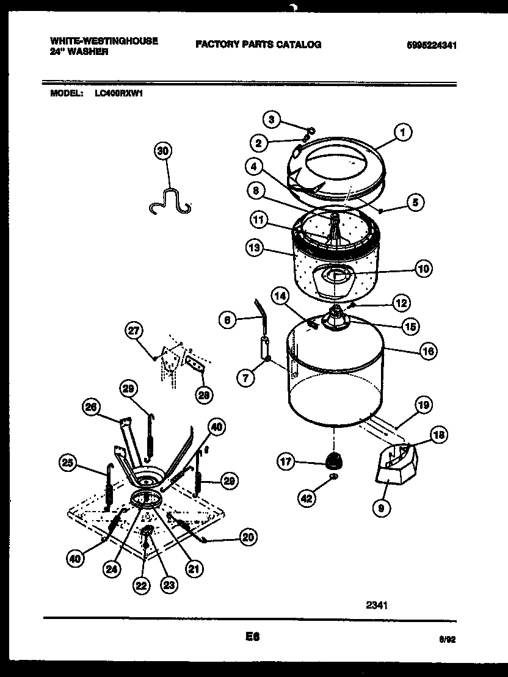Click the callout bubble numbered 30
click(163, 151)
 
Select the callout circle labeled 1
click(402, 131)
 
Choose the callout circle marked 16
click(429, 351)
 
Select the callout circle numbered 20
click(247, 537)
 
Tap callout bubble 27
click(133, 330)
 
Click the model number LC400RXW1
click(118, 93)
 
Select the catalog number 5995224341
click(432, 45)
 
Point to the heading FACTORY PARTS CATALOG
click(258, 45)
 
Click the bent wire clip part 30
click(169, 201)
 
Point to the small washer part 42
click(333, 477)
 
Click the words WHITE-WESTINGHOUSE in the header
click(103, 40)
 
